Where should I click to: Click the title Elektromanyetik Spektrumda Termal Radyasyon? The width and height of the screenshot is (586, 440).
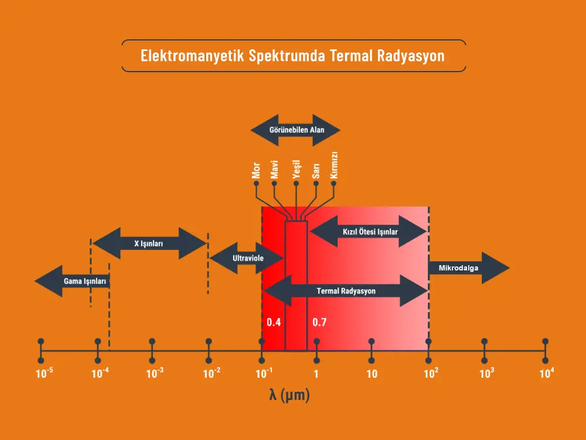click(x=293, y=56)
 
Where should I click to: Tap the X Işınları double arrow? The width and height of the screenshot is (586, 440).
click(x=149, y=243)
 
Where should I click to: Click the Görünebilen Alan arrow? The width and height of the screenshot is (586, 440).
click(x=295, y=130)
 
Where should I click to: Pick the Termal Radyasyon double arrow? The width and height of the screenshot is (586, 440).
click(x=346, y=290)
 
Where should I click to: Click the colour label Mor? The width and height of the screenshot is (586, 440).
click(x=255, y=168)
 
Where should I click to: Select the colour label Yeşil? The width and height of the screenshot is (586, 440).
click(x=296, y=168)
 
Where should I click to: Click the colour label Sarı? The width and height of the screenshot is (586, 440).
click(x=316, y=170)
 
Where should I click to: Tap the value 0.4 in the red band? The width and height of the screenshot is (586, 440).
click(x=274, y=322)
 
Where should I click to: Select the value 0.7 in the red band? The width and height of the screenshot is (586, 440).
click(x=319, y=322)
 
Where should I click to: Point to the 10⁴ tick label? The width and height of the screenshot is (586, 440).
click(x=546, y=373)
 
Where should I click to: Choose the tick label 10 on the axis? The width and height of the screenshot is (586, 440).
click(x=372, y=374)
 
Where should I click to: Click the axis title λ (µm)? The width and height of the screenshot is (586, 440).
click(x=289, y=396)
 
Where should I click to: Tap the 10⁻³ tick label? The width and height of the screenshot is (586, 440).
click(x=154, y=373)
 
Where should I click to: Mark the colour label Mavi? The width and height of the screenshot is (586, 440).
click(x=274, y=168)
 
